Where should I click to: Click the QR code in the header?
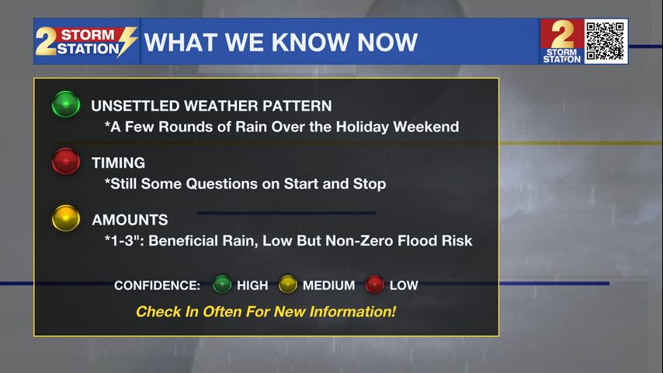606,41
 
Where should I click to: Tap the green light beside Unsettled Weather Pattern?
66,103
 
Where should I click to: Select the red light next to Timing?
66,161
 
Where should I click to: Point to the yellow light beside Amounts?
66,218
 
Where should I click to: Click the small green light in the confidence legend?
222,284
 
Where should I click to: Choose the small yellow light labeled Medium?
287,284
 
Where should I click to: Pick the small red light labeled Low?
375,284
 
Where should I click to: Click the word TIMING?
118,163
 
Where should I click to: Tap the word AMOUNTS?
130,220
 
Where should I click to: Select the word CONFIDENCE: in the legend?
157,286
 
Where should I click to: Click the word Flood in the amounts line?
418,240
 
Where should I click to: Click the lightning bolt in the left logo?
127,41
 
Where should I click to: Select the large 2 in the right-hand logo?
563,35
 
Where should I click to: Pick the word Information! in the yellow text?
352,312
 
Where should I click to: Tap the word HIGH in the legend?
252,286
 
